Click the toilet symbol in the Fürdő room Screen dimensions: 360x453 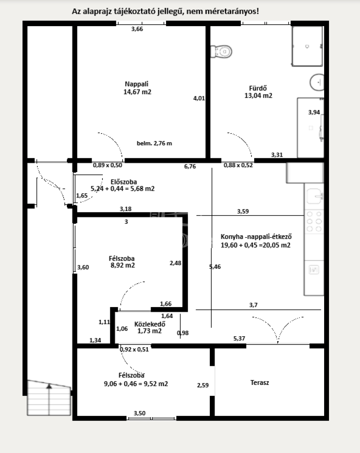coord(221,52)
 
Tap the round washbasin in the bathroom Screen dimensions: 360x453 coord(317,82)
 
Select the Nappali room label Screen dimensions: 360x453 coord(136,84)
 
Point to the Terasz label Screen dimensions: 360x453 coord(259,383)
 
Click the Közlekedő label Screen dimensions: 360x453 coord(150,324)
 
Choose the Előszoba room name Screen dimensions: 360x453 coord(124,182)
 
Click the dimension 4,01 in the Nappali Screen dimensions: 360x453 coord(199,98)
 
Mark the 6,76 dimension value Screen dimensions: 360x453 coord(190,166)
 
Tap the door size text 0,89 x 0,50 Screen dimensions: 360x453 coord(108,165)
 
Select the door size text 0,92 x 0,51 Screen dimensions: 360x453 coord(134,349)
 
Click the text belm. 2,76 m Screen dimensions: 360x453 coord(155,143)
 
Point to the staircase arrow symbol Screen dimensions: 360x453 coord(50,386)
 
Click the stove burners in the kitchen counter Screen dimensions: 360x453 coord(314,222)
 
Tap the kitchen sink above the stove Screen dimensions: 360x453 coord(314,196)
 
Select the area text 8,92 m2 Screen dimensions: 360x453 coord(123,265)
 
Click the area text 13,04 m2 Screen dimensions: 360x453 coord(259,96)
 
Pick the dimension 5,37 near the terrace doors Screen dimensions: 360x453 coord(239,338)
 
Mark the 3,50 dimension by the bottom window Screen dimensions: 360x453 coord(139,413)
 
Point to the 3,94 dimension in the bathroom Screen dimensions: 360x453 coord(314,112)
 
